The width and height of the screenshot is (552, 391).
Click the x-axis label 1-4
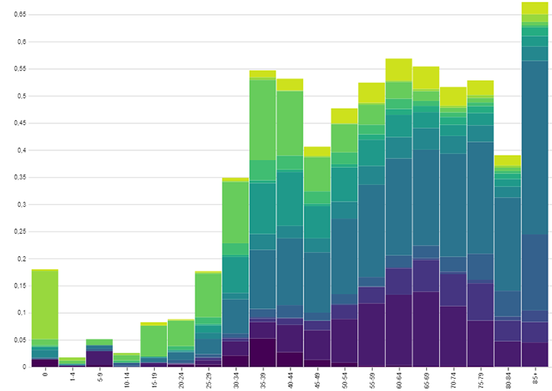72,377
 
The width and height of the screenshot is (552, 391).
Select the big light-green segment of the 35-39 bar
262,119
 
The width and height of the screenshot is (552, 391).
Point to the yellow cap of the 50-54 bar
344,116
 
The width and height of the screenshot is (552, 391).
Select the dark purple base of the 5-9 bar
99,358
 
